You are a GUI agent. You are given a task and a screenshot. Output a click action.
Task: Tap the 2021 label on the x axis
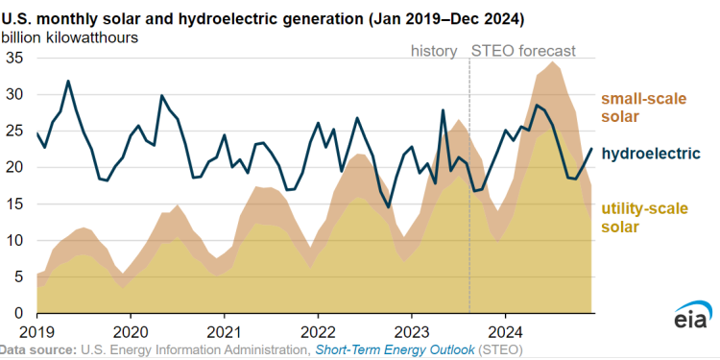pyautogui.click(x=224, y=329)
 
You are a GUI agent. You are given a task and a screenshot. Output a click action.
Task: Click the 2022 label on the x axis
pyautogui.click(x=318, y=329)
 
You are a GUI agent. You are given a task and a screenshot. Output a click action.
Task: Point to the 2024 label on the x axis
pyautogui.click(x=505, y=329)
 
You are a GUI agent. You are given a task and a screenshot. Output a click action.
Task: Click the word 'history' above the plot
pyautogui.click(x=434, y=50)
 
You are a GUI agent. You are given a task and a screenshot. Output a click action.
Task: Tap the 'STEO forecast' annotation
pyautogui.click(x=523, y=50)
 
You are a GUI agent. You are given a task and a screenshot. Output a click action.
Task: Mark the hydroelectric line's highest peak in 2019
pyautogui.click(x=68, y=81)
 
